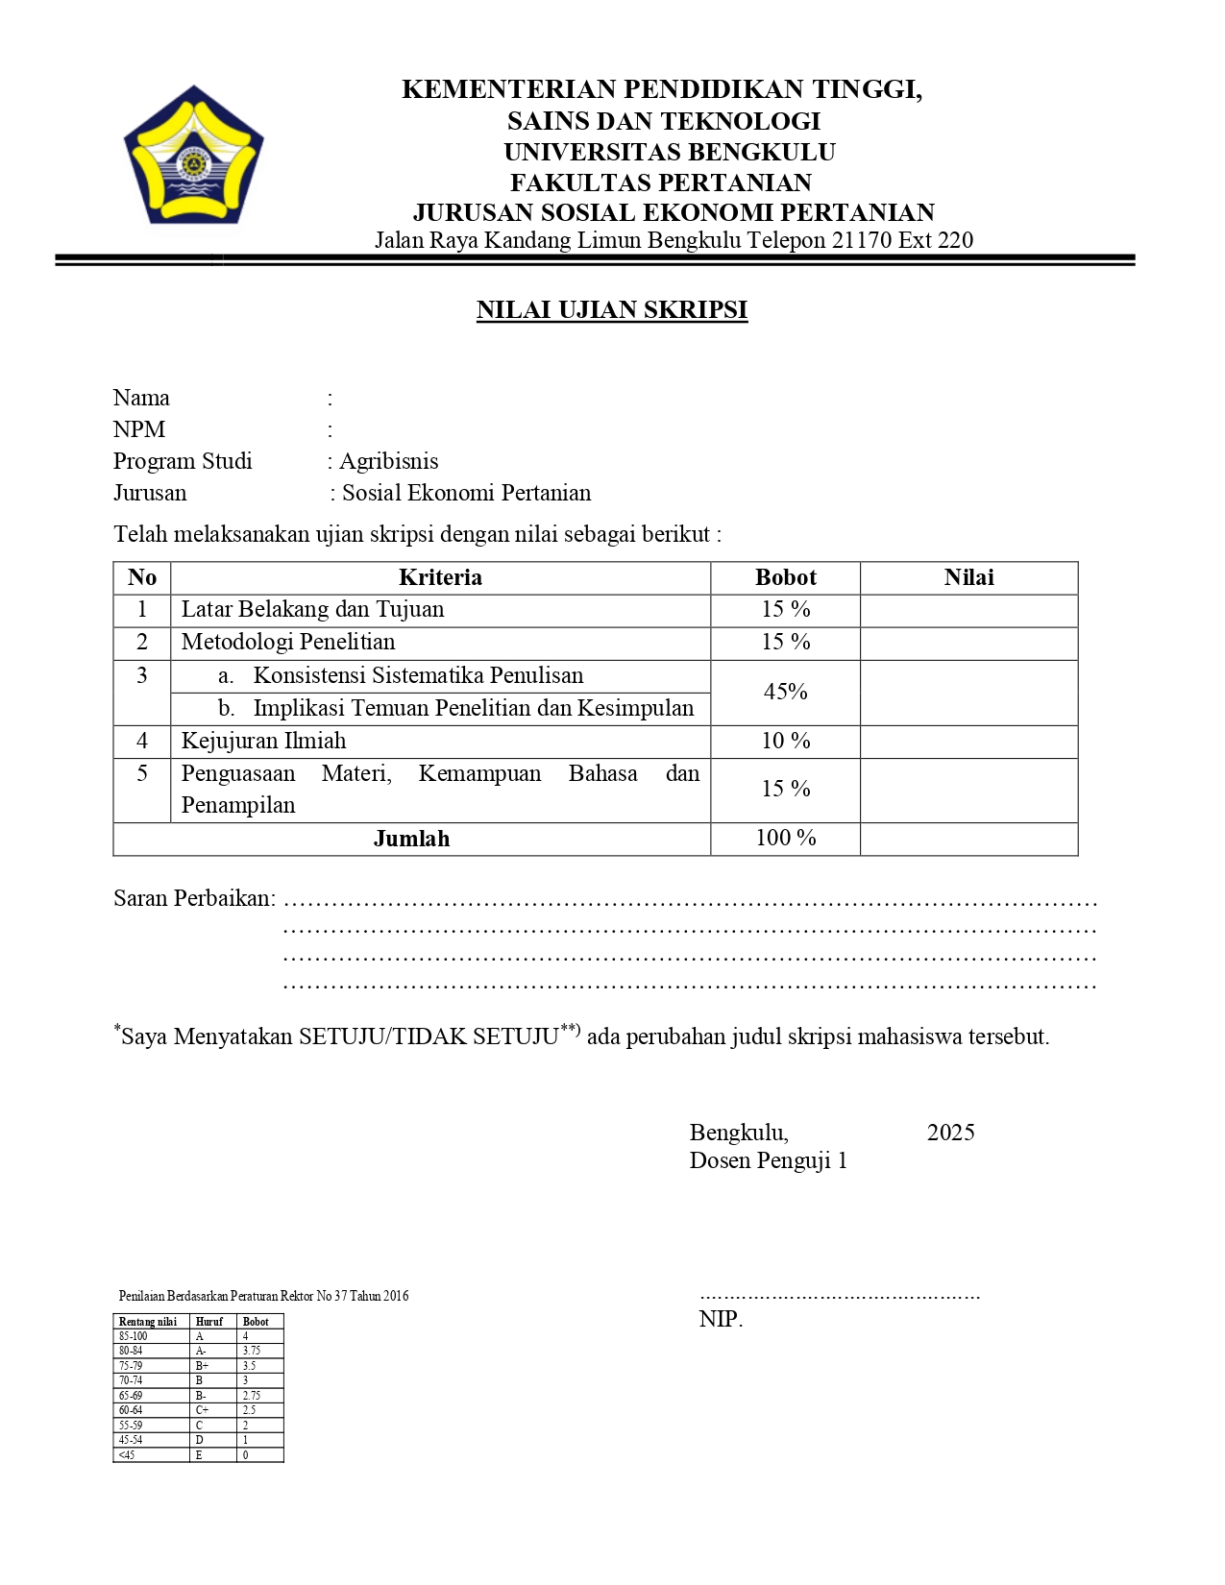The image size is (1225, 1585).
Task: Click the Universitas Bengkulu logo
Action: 193,156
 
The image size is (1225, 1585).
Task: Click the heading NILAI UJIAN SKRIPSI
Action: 611,309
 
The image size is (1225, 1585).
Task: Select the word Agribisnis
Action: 389,461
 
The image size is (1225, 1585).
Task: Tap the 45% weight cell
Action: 785,692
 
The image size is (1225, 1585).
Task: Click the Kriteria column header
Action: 440,577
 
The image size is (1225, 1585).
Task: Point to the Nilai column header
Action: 968,577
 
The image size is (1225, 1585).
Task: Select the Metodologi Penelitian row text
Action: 288,642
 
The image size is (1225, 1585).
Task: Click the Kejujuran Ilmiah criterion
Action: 263,741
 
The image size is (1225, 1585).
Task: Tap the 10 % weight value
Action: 785,741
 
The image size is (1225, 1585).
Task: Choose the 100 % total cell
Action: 785,838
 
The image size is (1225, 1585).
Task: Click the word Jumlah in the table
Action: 411,839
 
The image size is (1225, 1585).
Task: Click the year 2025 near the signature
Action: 950,1133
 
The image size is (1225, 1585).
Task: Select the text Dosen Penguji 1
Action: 768,1160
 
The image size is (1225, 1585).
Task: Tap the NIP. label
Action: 721,1319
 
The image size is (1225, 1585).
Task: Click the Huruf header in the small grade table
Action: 209,1322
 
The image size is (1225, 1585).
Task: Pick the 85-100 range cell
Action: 134,1336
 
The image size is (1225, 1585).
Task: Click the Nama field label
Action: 141,398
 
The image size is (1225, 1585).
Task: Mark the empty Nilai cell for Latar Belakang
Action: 968,610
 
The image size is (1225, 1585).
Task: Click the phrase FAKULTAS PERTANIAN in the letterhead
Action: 661,183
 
